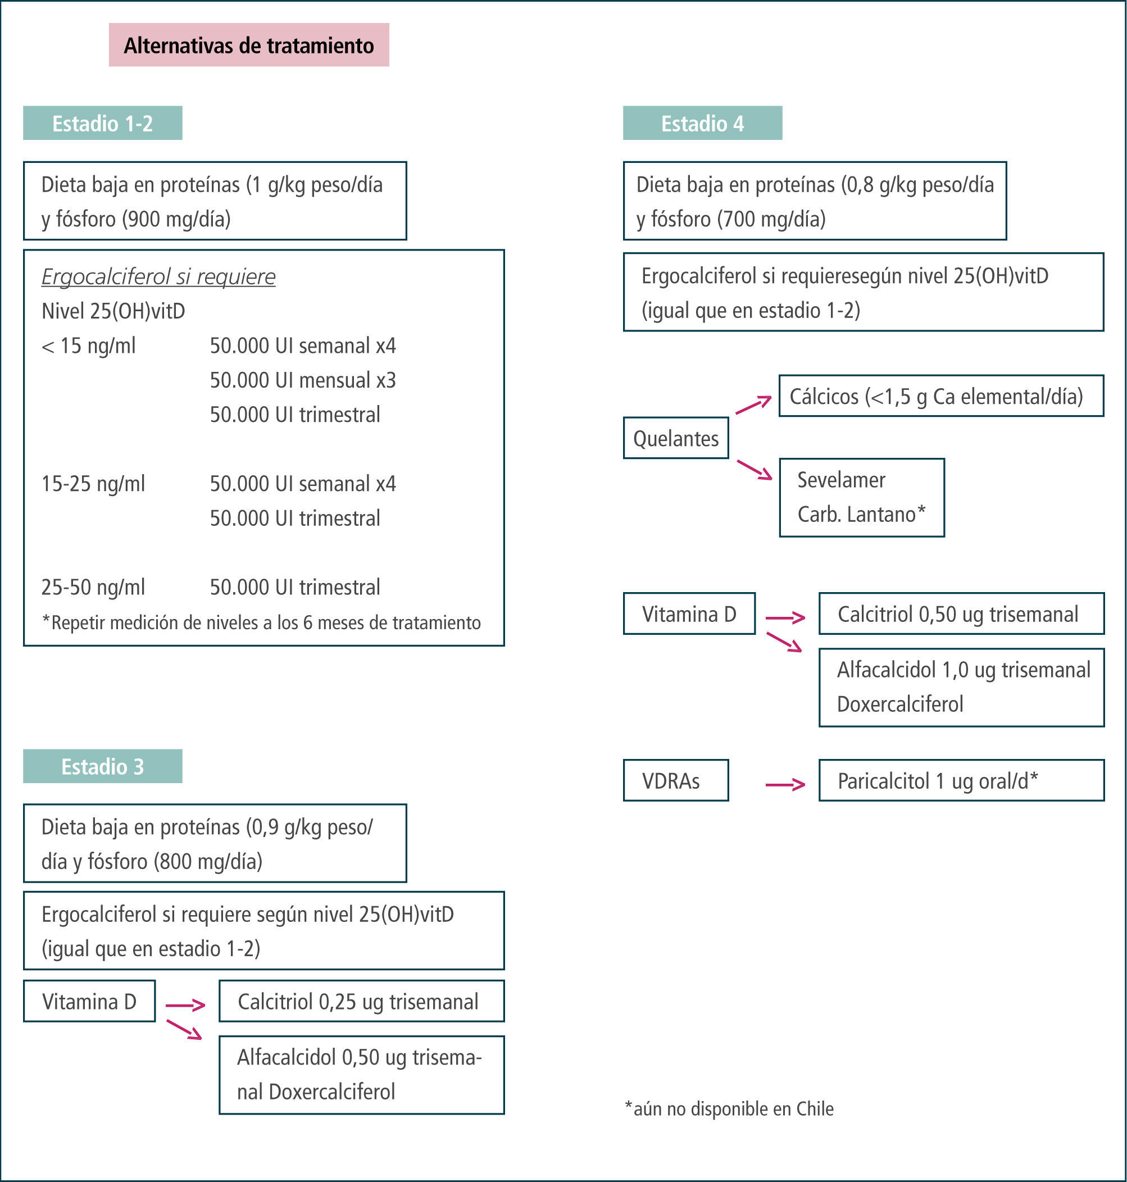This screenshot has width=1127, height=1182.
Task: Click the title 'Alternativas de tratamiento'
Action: point(249,45)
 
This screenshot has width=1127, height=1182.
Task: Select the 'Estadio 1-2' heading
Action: point(102,123)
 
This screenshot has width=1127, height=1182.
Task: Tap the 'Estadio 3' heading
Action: point(102,766)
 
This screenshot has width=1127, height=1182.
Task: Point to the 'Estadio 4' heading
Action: point(702,123)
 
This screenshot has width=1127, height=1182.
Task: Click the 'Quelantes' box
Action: point(676,438)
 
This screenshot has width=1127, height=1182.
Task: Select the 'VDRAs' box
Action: point(676,781)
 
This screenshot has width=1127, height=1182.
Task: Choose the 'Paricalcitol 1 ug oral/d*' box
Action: point(961,781)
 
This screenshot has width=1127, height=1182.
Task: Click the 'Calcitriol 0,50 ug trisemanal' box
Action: point(961,614)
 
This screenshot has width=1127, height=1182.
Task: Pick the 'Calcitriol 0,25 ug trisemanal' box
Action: point(361,1001)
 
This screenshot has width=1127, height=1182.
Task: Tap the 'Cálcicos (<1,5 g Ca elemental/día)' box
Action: point(941,397)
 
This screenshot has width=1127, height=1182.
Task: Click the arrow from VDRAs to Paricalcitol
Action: point(785,784)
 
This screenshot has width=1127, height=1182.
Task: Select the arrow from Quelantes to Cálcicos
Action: point(753,405)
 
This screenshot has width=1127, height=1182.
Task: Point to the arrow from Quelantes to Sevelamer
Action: point(755,470)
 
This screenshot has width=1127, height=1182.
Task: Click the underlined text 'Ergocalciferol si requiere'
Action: point(158,276)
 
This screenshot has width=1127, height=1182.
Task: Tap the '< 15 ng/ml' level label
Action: point(88,346)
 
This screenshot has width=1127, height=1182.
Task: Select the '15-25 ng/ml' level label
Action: point(93,484)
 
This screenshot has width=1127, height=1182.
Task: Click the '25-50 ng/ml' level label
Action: point(93,587)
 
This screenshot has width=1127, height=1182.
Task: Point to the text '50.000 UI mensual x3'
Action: point(303,380)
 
